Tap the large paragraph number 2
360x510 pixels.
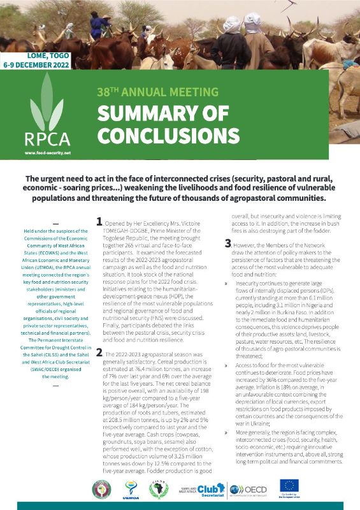[99, 352]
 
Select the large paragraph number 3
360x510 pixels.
[228, 243]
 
